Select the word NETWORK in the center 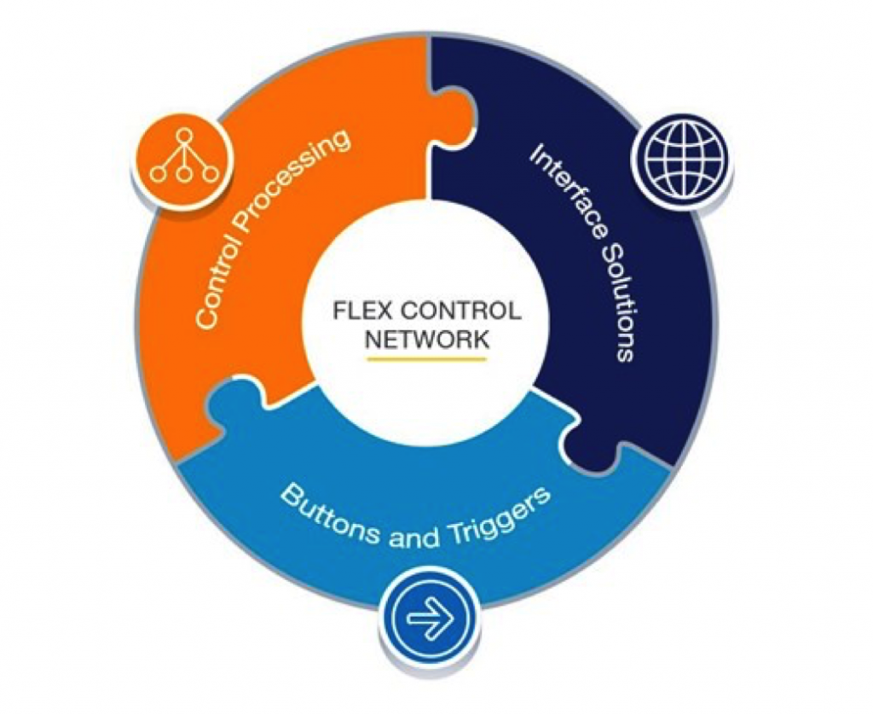pos(427,340)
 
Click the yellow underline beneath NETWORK pos(426,359)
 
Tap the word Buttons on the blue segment pos(328,514)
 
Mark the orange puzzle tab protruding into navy pos(454,118)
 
